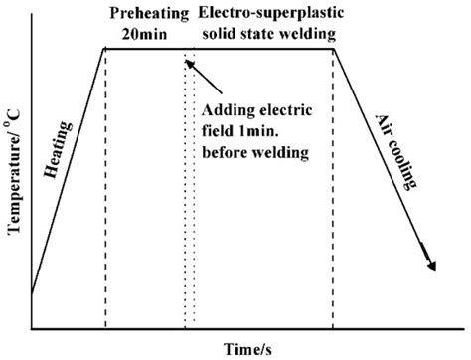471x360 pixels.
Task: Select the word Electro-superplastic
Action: click(265, 12)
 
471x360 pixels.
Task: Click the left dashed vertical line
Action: click(105, 199)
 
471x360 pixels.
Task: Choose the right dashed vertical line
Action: click(333, 199)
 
